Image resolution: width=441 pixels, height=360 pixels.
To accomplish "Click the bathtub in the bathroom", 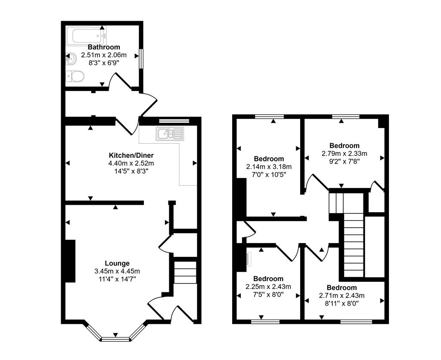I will pos(86,35).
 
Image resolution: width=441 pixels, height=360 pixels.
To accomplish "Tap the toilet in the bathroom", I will pos(75,77).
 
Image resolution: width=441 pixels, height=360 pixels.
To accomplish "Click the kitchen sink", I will pos(170,134).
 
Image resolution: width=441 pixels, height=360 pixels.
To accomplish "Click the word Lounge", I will pos(117,263).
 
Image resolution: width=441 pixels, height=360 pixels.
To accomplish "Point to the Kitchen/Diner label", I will pos(131,155).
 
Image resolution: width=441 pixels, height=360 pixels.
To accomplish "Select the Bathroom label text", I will pos(104,47).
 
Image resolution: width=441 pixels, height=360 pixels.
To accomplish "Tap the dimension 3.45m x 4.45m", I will pos(117,271).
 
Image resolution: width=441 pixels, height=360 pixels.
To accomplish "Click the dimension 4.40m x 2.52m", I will pos(131,163).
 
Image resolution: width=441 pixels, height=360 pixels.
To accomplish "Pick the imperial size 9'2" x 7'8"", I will pos(344,161).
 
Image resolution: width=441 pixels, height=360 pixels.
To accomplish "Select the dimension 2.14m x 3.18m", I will pos(269,167).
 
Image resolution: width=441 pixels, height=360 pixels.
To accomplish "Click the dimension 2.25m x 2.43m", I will pos(268,287).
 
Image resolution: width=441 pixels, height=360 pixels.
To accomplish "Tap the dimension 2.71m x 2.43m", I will pos(342,295).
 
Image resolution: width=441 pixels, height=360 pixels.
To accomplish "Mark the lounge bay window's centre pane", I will pos(115,339).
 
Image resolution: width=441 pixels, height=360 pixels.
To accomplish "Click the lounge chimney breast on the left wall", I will pos(69,261).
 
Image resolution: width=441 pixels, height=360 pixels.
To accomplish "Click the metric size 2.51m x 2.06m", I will pos(104,55).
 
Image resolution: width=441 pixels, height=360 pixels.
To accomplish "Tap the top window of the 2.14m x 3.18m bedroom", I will pos(269,116).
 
